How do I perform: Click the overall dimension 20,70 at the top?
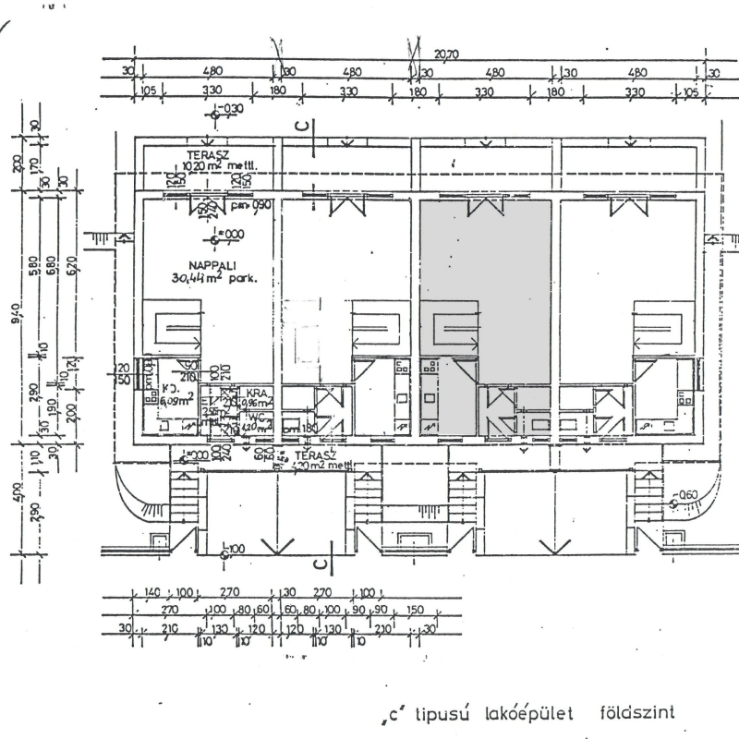pyautogui.click(x=447, y=55)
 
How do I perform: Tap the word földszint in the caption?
pyautogui.click(x=638, y=711)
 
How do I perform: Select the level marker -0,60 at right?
pyautogui.click(x=685, y=496)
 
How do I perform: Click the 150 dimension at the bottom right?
pyautogui.click(x=415, y=610)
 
